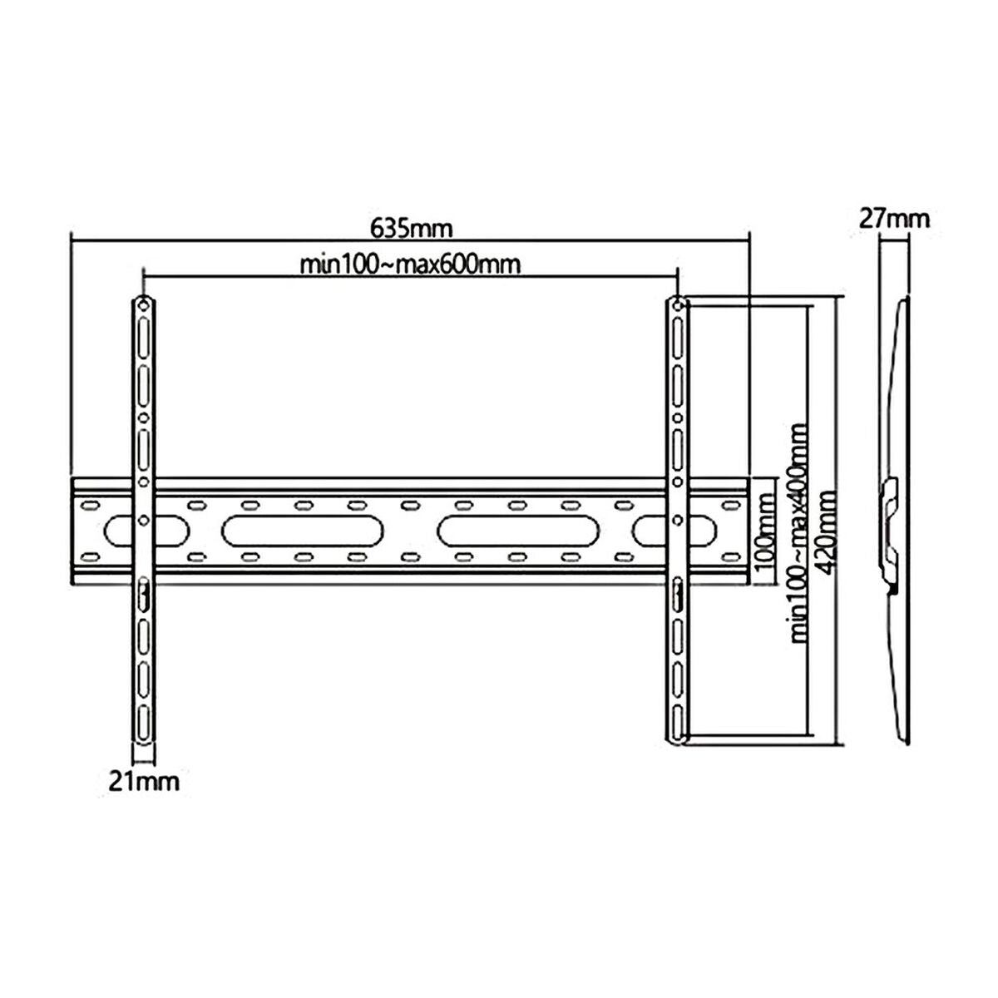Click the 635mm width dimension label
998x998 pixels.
[411, 226]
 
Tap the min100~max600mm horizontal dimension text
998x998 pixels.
[411, 265]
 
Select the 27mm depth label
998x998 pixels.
[894, 220]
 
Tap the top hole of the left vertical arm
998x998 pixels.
[142, 305]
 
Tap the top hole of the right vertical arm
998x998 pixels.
[678, 305]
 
